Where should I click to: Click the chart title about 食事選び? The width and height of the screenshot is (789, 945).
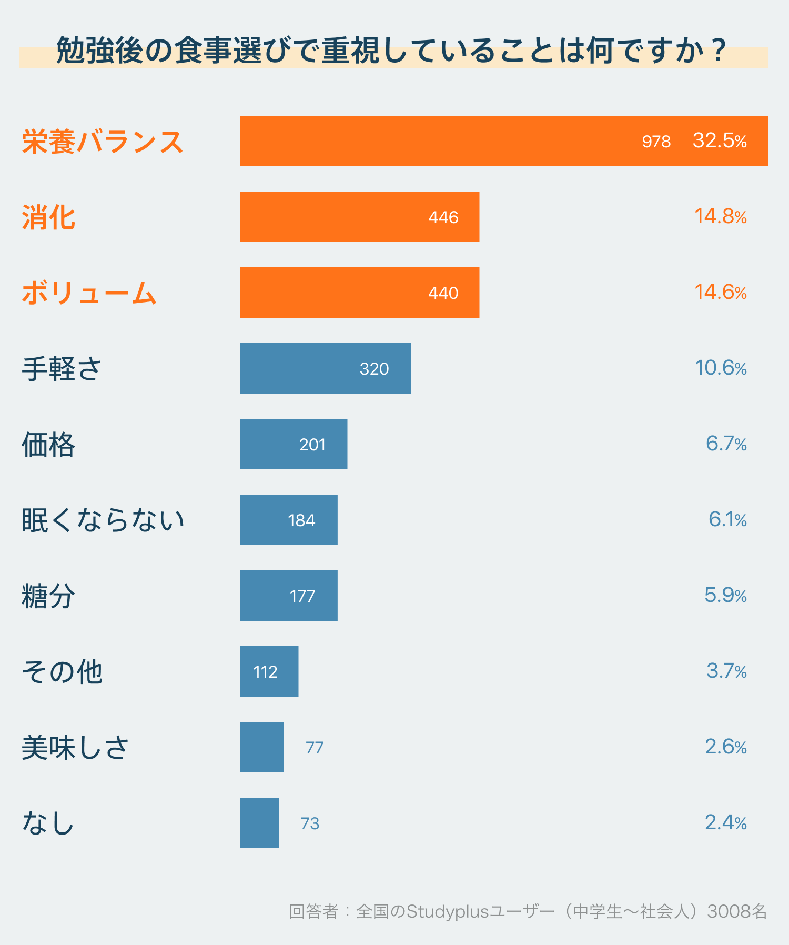tap(392, 51)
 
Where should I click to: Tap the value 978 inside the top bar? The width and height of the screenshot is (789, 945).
tap(656, 142)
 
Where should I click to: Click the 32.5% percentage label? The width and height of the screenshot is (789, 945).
tap(720, 140)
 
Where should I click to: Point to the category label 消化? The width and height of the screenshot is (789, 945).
tap(48, 217)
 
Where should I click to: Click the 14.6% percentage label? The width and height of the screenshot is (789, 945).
tap(720, 292)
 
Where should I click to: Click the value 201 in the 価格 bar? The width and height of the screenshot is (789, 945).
tap(312, 445)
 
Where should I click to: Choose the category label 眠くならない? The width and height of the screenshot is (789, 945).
tap(103, 520)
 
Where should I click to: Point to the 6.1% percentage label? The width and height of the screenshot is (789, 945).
tap(727, 519)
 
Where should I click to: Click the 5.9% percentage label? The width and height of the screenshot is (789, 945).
tap(725, 595)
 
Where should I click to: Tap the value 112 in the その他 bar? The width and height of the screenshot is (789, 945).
tap(265, 672)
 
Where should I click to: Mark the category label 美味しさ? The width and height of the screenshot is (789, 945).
tap(75, 747)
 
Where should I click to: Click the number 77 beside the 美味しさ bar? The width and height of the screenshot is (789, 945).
tap(314, 748)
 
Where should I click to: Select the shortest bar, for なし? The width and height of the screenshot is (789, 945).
tap(259, 823)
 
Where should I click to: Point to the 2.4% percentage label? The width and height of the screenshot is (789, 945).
tap(725, 822)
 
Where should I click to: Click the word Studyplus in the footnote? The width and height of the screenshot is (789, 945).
tap(448, 911)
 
